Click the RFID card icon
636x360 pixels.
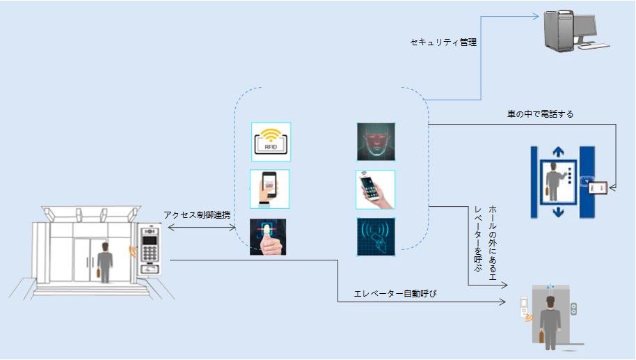point(271,141)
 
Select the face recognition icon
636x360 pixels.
point(375,142)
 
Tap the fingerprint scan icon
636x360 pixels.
point(268,237)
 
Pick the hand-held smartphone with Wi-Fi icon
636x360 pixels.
point(375,189)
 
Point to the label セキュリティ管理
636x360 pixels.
point(443,42)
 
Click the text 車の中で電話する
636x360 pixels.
point(541,114)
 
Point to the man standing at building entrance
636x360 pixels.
point(104,261)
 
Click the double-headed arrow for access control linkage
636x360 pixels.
point(202,227)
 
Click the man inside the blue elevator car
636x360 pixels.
point(555,182)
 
